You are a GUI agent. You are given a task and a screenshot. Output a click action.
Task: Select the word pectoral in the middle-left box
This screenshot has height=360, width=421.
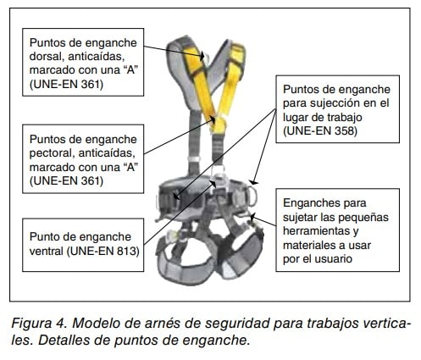(52, 153)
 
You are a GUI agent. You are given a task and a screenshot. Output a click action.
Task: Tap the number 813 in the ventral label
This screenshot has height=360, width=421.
(128, 251)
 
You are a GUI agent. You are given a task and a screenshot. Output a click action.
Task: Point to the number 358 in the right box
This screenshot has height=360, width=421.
(345, 131)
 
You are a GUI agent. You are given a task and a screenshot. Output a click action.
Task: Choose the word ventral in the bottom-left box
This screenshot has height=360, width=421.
(47, 251)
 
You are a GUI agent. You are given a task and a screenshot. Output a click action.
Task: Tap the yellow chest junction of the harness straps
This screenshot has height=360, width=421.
(219, 125)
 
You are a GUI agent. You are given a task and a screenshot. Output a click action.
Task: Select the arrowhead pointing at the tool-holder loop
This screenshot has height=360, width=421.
(252, 217)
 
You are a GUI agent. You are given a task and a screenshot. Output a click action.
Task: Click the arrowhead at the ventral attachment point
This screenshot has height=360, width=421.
(213, 183)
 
